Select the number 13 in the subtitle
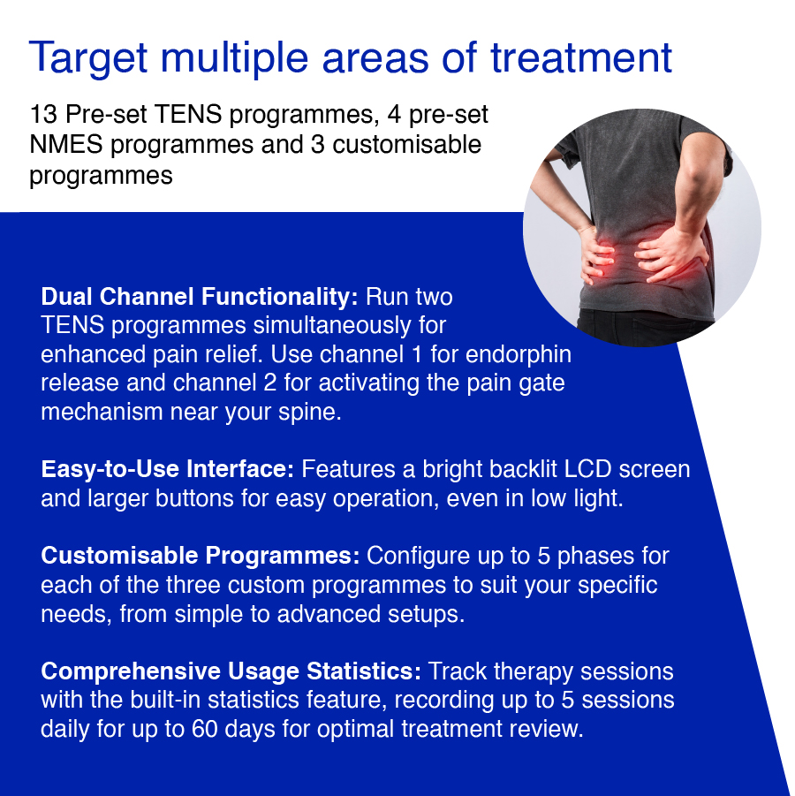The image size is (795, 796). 42,116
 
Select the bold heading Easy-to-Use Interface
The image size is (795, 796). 169,469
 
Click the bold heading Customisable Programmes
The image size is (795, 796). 201,556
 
